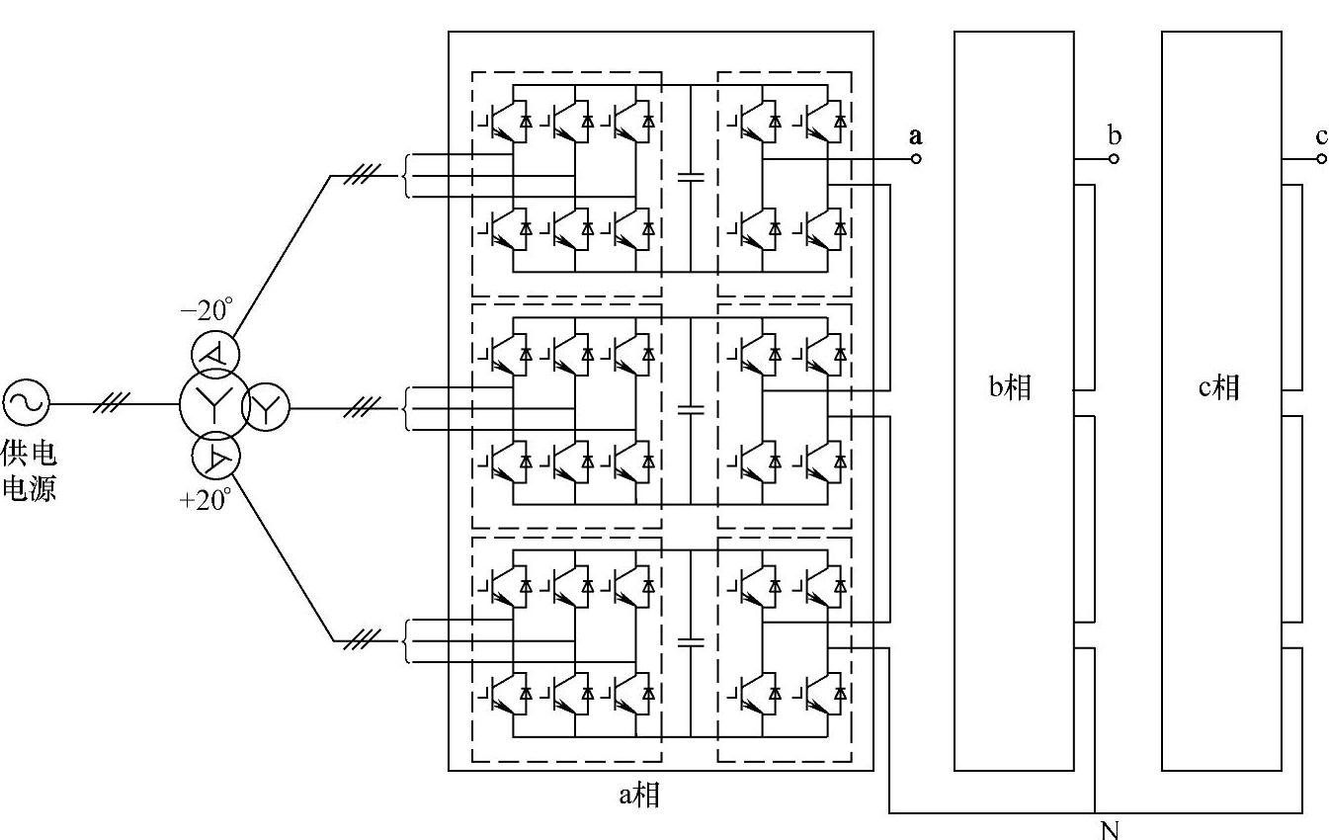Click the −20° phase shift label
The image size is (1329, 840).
205,309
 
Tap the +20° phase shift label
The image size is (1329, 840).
205,498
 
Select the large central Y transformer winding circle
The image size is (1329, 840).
210,403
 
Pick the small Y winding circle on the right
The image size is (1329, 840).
266,405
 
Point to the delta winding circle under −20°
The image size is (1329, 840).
215,354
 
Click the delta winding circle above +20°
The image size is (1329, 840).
215,457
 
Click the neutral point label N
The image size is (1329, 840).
1110,829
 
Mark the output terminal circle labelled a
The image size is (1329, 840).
916,158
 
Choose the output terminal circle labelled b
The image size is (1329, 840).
1114,158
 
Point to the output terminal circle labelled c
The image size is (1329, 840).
1322,158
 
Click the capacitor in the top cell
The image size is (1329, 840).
691,177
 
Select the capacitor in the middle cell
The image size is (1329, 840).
691,408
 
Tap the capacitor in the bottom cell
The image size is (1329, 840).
691,642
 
